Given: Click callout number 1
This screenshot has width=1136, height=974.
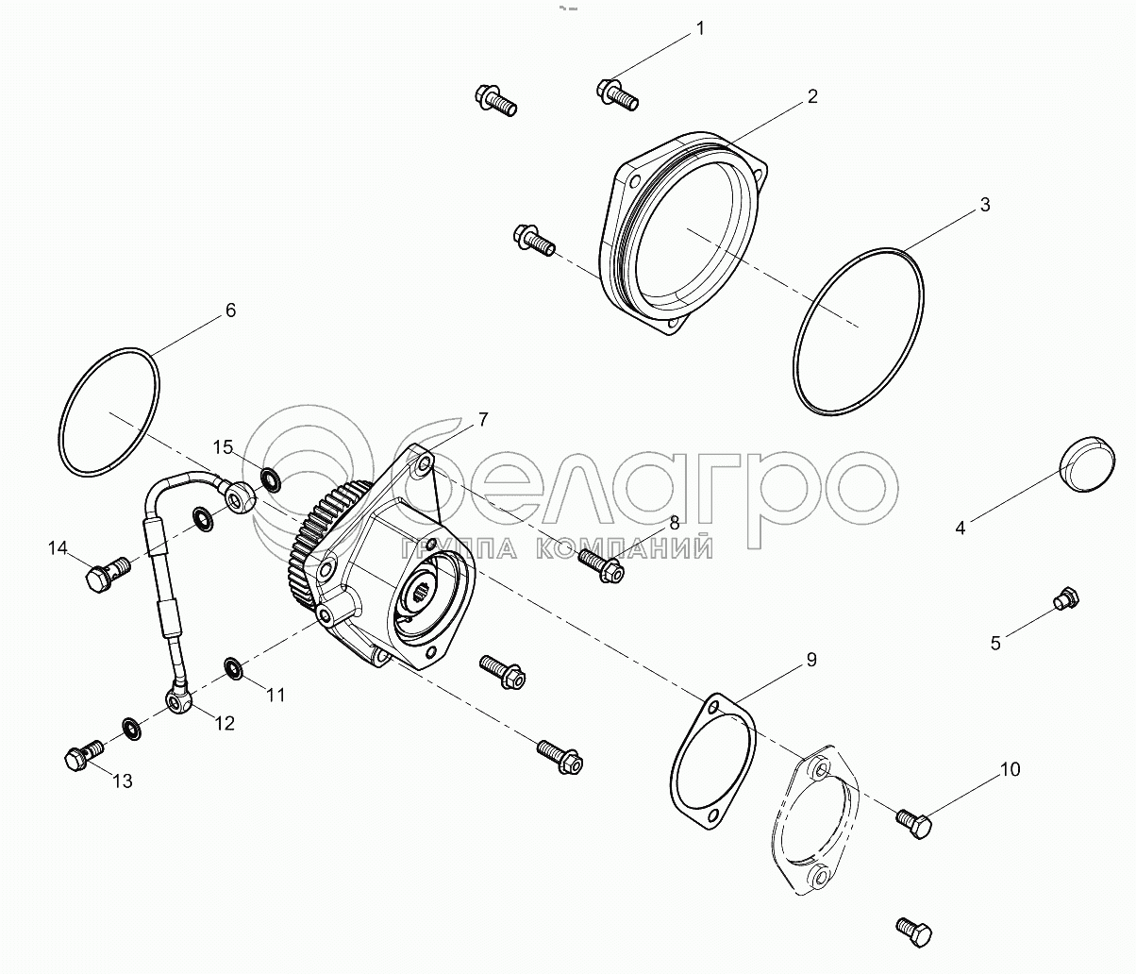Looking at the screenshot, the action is (700, 28).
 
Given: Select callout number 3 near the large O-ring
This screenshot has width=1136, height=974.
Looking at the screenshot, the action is (985, 205).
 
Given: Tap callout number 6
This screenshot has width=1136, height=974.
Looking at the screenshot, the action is (230, 310).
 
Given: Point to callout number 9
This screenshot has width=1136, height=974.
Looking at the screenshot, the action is (811, 659).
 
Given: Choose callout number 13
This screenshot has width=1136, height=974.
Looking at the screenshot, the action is (122, 781).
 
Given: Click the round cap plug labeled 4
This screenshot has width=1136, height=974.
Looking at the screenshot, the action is (1087, 471).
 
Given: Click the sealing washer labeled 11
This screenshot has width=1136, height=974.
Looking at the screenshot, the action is (235, 668).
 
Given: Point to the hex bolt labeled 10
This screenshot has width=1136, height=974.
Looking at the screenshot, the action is (913, 824).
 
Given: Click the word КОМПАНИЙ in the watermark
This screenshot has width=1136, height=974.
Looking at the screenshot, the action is (624, 548).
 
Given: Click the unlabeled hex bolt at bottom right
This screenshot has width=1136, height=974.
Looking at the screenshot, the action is (913, 932).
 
